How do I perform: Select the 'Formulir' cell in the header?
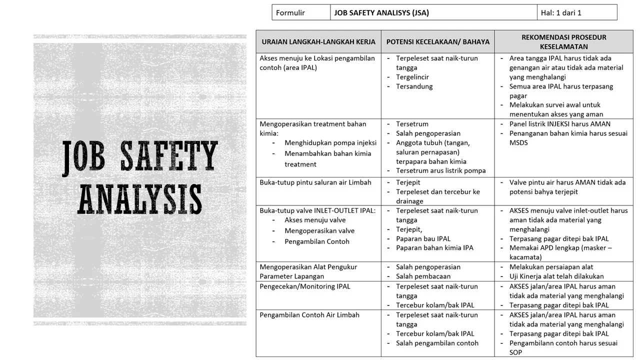pyautogui.click(x=290, y=13)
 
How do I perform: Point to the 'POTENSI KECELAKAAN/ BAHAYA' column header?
pyautogui.click(x=437, y=42)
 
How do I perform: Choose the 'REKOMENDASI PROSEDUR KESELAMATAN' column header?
pyautogui.click(x=563, y=42)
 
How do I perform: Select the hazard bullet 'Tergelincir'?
pyautogui.click(x=412, y=77)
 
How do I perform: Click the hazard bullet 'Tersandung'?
pyautogui.click(x=414, y=86)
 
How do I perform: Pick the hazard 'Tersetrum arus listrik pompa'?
pyautogui.click(x=440, y=170)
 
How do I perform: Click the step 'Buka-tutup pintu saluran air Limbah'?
pyautogui.click(x=315, y=182)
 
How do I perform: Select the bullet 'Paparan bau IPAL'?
pyautogui.click(x=423, y=239)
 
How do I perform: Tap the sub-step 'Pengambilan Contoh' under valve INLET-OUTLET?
pyautogui.click(x=317, y=241)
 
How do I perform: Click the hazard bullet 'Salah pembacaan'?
pyautogui.click(x=423, y=276)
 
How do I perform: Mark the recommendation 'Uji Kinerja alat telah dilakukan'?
pyautogui.click(x=556, y=276)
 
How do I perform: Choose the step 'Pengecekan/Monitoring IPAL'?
pyautogui.click(x=305, y=286)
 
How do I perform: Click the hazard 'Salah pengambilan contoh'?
pyautogui.click(x=437, y=343)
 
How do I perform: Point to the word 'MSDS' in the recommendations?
pyautogui.click(x=518, y=143)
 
